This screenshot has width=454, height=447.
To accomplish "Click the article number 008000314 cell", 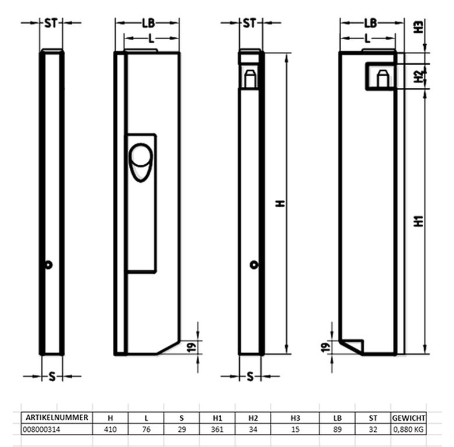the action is pos(41,430).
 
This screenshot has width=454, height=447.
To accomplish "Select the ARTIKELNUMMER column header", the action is pos(57,417).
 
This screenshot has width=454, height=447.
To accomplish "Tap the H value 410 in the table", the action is pos(111,430).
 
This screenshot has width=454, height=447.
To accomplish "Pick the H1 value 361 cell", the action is pos(217,430).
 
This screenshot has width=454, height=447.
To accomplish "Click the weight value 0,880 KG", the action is pos(409,430).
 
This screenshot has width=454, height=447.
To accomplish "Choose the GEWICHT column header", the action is pos(409,418).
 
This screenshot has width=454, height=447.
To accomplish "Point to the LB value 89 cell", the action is pos(338,430).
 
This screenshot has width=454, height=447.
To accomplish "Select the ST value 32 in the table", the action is pos(373,430).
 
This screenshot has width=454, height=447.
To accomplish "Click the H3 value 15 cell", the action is pos(295,430).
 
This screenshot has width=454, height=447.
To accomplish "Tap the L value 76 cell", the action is pos(146,430).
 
